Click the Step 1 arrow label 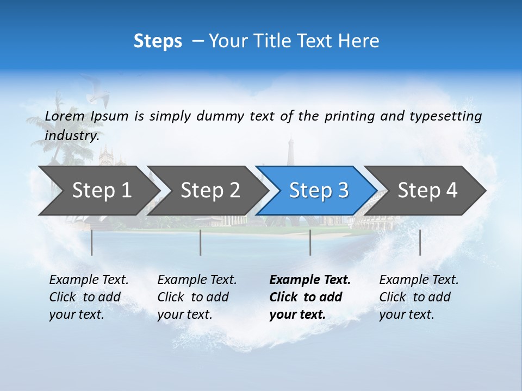point(102,190)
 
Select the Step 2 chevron point(210,190)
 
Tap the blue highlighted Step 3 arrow point(319,190)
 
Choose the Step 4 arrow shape point(427,190)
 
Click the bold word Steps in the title point(158,41)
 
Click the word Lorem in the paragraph point(64,116)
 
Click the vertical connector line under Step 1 point(92,242)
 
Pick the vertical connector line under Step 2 point(201,242)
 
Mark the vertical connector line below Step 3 point(310,242)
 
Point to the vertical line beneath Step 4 point(420,242)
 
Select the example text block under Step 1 point(89,297)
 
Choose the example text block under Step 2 point(197,297)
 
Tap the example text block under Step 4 point(419,297)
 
